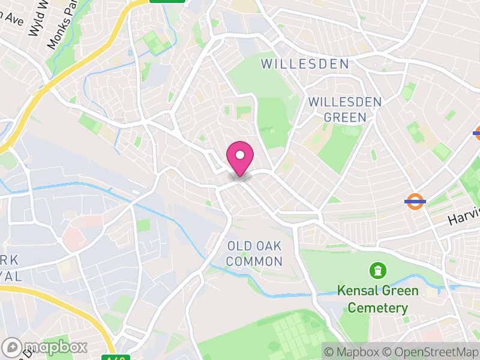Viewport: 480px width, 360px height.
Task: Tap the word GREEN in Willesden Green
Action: [344, 118]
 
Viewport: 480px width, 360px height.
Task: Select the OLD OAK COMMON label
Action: [255, 253]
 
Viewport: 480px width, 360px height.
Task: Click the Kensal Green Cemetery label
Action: [377, 299]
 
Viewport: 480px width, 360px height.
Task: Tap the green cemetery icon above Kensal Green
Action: [378, 271]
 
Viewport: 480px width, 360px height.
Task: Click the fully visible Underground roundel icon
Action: [415, 202]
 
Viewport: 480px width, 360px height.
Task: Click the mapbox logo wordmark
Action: [54, 347]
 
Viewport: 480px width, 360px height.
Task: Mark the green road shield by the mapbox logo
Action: [116, 358]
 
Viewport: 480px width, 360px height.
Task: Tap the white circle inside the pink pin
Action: [240, 154]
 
